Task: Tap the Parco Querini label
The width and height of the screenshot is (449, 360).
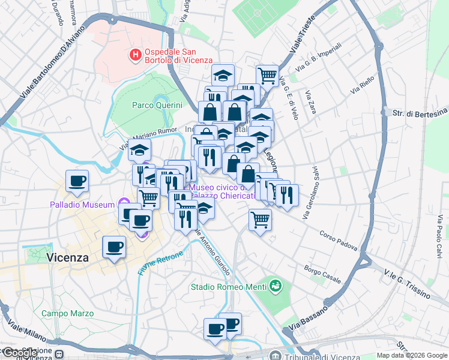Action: click(157, 105)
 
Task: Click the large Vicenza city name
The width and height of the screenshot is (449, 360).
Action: click(67, 257)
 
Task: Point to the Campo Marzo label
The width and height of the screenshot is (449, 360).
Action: click(67, 313)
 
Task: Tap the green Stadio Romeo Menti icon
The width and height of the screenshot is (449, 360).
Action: click(276, 284)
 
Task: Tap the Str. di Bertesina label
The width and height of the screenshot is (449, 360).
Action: click(420, 113)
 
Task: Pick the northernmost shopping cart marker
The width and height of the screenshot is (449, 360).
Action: click(267, 76)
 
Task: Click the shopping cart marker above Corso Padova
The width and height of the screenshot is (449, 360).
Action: click(260, 220)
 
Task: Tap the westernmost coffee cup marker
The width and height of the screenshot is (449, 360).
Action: click(77, 181)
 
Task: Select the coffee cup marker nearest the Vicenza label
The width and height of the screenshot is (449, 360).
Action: click(114, 247)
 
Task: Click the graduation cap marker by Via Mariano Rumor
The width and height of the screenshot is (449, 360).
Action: click(139, 150)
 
